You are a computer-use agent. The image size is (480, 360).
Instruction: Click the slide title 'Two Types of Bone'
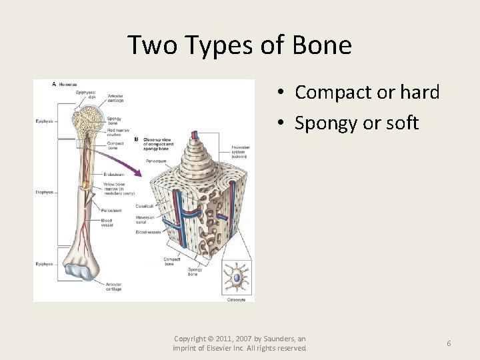click(239, 45)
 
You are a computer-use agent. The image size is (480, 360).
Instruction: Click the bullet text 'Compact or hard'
click(367, 92)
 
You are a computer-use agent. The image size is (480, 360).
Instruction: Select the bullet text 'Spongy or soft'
click(357, 123)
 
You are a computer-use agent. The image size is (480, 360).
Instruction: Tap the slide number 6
click(449, 343)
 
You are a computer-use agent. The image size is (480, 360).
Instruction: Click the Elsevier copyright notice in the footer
click(239, 343)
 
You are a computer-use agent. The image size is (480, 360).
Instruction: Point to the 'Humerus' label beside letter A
click(67, 85)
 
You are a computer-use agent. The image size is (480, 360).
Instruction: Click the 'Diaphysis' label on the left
click(45, 193)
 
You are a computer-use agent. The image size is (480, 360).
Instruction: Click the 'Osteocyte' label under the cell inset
click(237, 299)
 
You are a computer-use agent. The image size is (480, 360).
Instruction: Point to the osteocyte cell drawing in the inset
click(236, 275)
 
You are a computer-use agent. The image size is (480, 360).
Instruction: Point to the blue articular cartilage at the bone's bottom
click(83, 272)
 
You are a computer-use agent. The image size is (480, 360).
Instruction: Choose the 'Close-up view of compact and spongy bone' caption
click(158, 143)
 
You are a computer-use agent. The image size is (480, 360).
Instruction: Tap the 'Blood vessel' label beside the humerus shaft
click(107, 223)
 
